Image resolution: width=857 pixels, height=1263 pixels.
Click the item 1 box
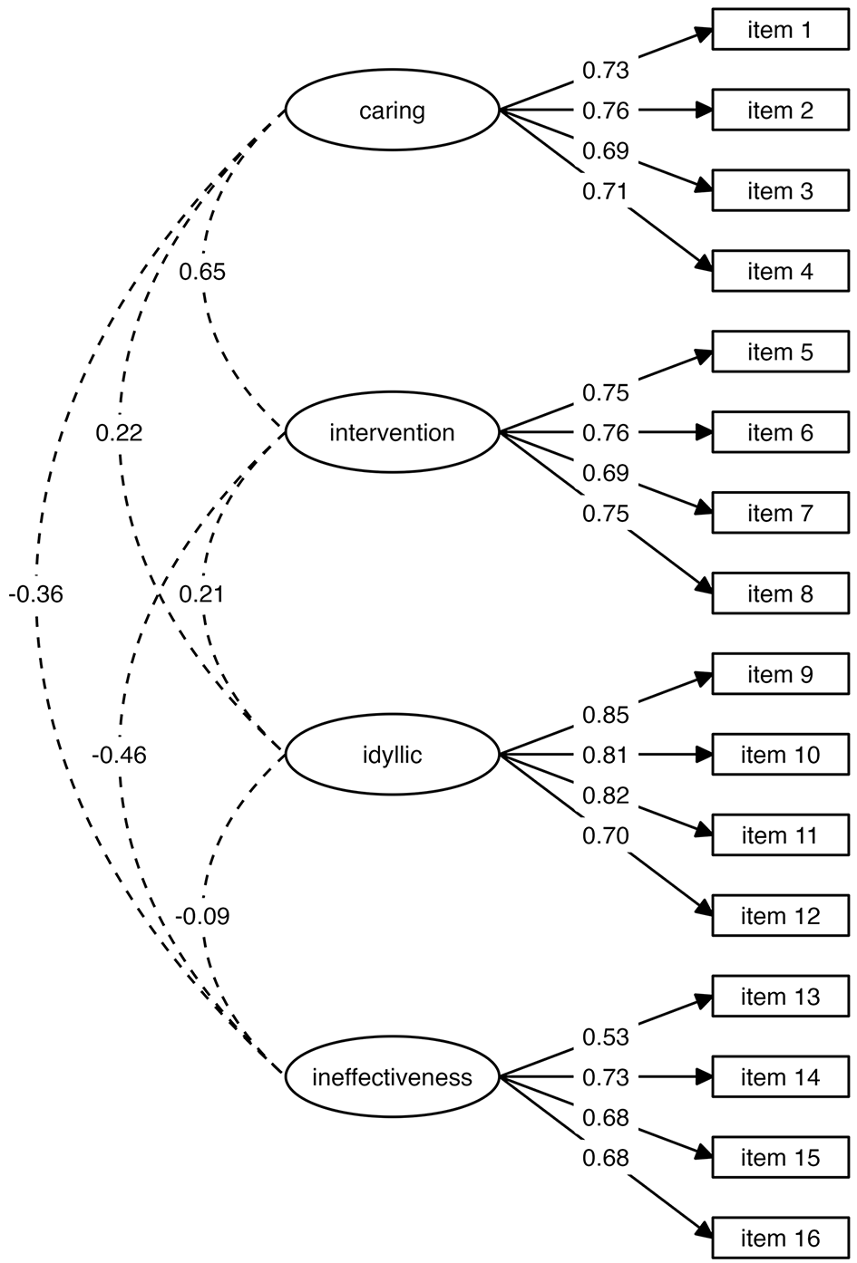780,29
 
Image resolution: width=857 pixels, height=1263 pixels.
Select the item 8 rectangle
780,593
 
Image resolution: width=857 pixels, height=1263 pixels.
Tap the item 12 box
780,916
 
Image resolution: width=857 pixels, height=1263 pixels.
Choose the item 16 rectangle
780,1239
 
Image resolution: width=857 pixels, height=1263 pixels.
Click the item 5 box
780,352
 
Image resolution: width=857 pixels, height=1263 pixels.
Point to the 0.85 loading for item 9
606,715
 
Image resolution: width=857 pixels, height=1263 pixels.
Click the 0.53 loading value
606,1037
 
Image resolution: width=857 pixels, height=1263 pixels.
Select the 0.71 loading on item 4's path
606,192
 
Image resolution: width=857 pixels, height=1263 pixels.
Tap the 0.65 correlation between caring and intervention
202,272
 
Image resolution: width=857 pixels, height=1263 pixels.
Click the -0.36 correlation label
36,594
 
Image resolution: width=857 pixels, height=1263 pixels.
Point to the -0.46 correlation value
119,755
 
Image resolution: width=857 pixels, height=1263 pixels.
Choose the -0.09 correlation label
202,916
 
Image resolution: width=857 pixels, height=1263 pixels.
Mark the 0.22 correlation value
119,433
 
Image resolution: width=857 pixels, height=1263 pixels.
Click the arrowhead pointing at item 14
703,1077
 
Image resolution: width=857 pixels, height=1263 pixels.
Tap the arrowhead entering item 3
703,186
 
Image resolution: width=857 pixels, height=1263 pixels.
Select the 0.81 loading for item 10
606,755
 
